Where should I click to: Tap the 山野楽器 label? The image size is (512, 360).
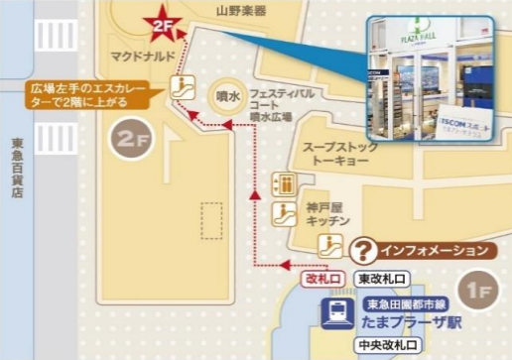pyautogui.click(x=242, y=11)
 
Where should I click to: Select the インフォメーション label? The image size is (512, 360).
pyautogui.click(x=434, y=251)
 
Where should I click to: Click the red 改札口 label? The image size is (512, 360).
pyautogui.click(x=326, y=279)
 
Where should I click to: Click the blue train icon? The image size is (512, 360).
pyautogui.click(x=333, y=313)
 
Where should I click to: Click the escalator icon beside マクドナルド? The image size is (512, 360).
pyautogui.click(x=182, y=83)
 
